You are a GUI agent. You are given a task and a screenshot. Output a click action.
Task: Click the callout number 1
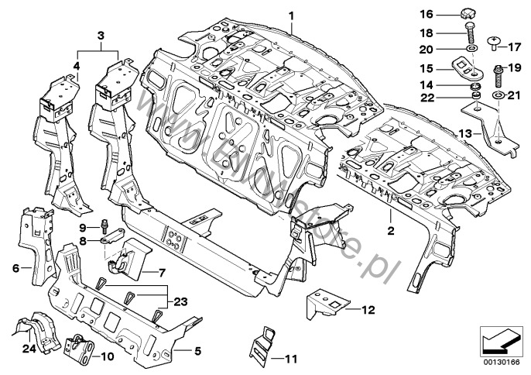tap(292, 15)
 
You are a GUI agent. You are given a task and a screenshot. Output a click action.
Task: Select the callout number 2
tap(391, 231)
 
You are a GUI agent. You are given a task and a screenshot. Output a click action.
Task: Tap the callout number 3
tap(101, 35)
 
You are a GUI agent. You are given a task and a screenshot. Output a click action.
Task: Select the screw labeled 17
tap(494, 40)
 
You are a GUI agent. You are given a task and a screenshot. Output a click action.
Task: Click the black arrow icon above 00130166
tap(498, 339)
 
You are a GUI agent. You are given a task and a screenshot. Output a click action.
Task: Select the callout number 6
tap(15, 268)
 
